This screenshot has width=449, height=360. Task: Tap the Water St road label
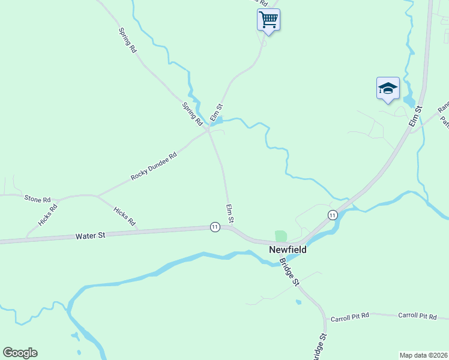pos(91,236)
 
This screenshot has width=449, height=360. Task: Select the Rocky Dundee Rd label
pos(154,167)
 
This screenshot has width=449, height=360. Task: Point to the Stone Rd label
pos(37,199)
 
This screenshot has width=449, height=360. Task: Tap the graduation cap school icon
pos(388,88)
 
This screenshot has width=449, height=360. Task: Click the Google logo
pos(20,353)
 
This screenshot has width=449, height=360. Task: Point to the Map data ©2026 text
pos(423,355)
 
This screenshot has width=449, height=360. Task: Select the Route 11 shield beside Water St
pos(214,227)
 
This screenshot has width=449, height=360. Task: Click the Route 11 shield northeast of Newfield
pos(332,215)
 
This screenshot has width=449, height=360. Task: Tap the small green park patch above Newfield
pos(280,236)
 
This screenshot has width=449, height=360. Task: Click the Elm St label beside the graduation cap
pos(416,116)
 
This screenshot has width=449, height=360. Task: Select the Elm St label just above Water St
pos(229,211)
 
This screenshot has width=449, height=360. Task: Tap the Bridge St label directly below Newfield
pos(289,272)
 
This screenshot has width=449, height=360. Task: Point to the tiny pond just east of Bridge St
pos(298,302)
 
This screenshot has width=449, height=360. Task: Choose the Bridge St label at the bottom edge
pos(321,347)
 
